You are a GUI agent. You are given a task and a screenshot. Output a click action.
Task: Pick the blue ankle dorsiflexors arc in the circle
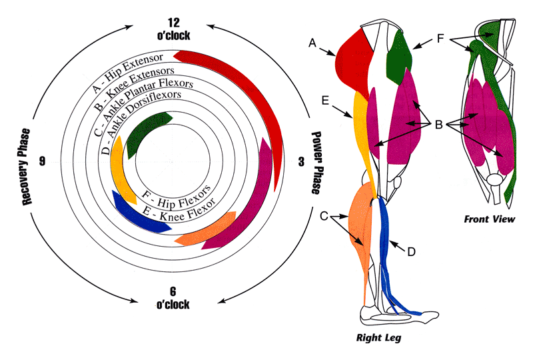click(130, 210)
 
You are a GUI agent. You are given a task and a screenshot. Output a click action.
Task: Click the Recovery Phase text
click(27, 166)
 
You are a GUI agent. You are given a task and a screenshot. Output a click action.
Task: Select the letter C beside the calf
click(324, 215)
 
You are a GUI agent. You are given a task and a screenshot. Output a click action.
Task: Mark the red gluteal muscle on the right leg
click(352, 60)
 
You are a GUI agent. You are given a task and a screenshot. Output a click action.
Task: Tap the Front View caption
click(493, 219)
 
